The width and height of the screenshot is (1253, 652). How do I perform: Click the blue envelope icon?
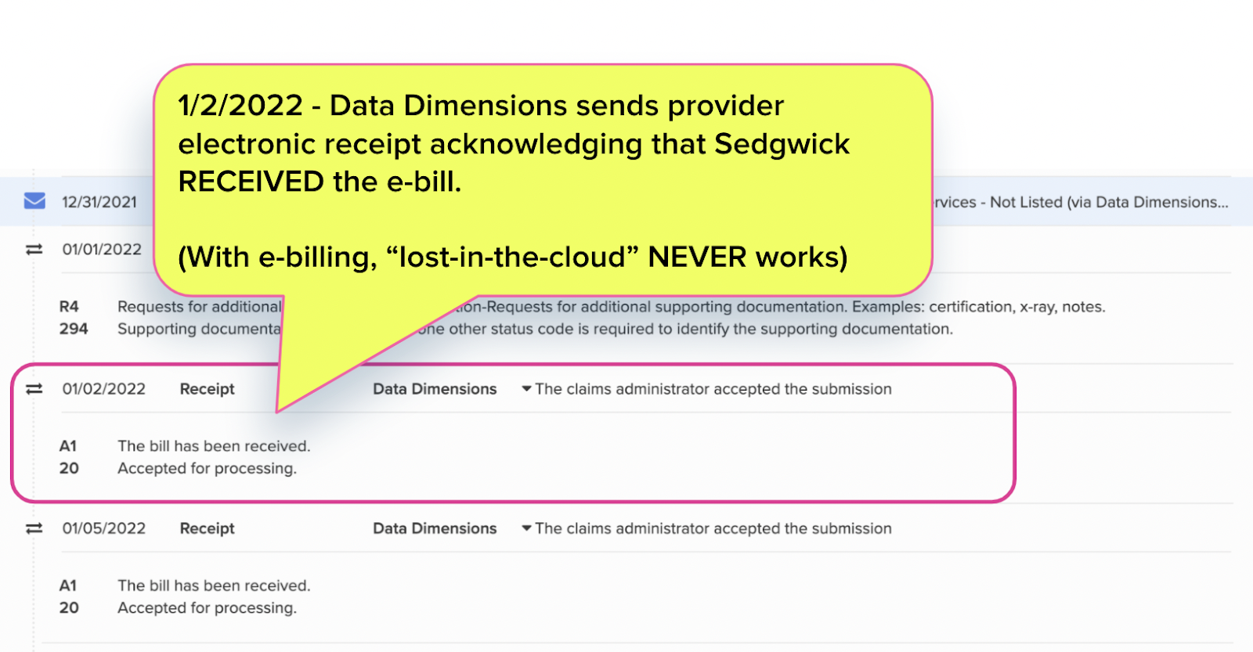tap(34, 201)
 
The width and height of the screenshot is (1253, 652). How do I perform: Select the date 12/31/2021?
tap(99, 202)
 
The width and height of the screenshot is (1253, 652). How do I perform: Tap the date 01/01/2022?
tap(102, 250)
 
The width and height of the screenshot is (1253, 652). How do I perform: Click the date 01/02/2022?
tap(104, 389)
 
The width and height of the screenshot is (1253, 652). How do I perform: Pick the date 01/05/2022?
tap(104, 528)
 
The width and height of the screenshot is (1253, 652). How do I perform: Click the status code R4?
tap(69, 307)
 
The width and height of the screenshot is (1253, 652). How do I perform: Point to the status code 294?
tap(74, 329)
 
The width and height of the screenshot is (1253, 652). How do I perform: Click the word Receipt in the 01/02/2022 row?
tap(207, 389)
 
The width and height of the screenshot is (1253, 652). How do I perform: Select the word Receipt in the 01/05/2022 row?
tap(207, 528)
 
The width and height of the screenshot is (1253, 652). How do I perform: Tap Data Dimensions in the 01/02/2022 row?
tap(435, 389)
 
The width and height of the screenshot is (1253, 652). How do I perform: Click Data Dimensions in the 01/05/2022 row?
tap(435, 528)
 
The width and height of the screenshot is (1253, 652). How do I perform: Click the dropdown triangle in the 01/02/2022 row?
tap(527, 388)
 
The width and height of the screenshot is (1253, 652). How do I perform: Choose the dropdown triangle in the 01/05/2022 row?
tap(527, 528)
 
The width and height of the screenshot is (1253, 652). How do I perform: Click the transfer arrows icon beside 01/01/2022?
tap(34, 250)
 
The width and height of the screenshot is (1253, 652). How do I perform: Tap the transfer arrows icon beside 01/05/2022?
tap(34, 528)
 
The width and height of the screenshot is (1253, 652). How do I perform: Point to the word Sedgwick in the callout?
tap(782, 144)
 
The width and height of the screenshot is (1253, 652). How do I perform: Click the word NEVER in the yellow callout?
tap(697, 257)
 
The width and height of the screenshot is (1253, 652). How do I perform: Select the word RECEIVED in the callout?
tap(251, 182)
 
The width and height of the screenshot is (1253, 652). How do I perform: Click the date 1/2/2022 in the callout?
tap(240, 106)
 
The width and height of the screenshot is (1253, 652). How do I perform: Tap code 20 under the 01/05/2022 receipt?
tap(69, 607)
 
